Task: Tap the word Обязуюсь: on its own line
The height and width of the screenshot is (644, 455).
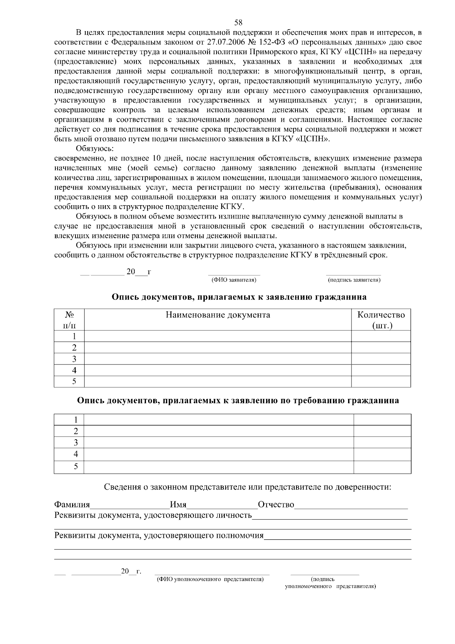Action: click(x=95, y=148)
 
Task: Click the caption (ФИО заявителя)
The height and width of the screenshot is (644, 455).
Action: click(x=234, y=280)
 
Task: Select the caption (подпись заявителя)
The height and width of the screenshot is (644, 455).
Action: click(x=354, y=280)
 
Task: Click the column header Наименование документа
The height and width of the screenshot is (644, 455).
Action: click(x=218, y=315)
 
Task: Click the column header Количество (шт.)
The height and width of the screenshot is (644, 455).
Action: click(x=381, y=320)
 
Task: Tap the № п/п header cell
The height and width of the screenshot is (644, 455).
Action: click(x=69, y=320)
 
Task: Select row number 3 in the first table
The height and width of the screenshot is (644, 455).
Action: click(x=74, y=359)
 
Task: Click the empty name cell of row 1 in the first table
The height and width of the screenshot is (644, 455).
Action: click(x=218, y=336)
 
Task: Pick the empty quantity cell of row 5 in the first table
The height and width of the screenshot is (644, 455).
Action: click(x=381, y=382)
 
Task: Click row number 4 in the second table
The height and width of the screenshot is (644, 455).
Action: click(x=76, y=454)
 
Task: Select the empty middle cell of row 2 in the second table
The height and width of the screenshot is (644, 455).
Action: click(x=218, y=431)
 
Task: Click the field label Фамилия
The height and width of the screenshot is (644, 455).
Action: click(x=72, y=505)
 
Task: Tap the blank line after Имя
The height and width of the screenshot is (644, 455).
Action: click(x=222, y=506)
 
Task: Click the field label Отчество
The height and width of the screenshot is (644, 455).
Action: click(x=276, y=505)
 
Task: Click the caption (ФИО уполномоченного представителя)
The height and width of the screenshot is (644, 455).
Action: click(x=210, y=580)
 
